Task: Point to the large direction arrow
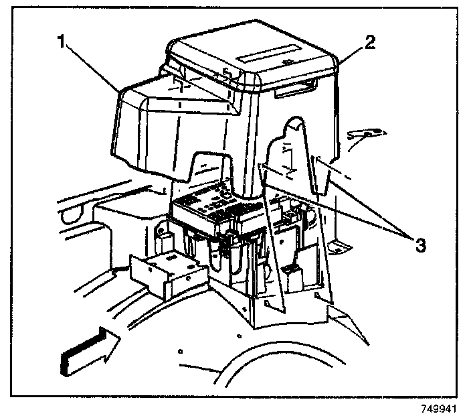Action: [88, 350]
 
